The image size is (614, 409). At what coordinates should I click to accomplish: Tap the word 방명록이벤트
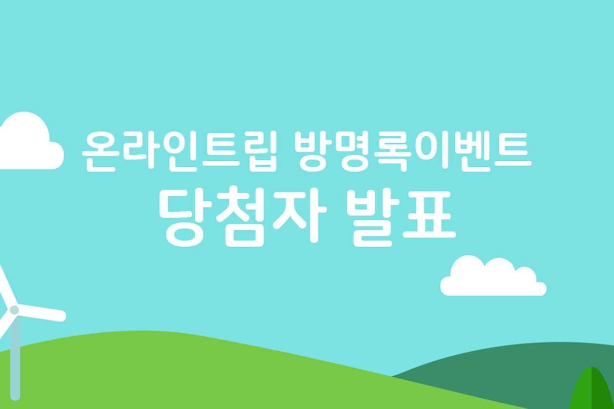point(413,151)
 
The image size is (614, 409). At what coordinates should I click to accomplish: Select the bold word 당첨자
point(243,216)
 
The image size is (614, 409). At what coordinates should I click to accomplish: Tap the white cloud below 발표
point(493,277)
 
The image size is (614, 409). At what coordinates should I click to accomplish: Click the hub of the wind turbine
point(14,310)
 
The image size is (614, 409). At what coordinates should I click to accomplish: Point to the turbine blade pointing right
point(41,313)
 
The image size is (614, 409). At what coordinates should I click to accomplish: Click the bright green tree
point(592,388)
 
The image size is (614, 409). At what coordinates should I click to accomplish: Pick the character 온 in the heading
point(101,151)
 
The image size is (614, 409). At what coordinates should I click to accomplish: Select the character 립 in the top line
point(264,151)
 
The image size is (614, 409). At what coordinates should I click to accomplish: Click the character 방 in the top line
point(313,151)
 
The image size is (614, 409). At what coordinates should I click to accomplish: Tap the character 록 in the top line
point(395,151)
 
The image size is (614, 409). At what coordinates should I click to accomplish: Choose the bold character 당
point(185,217)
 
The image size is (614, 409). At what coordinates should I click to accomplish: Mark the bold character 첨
point(241,216)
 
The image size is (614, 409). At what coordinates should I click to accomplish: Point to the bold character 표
point(430,215)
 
